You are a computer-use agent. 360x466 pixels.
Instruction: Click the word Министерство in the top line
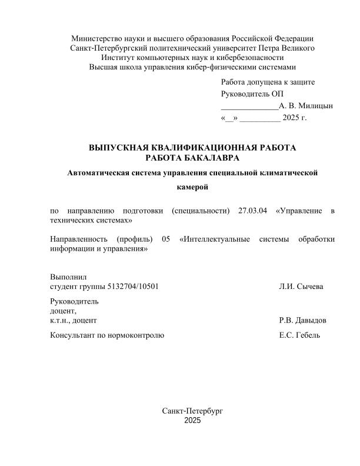tap(95, 38)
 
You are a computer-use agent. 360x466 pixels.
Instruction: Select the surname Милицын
tap(315, 106)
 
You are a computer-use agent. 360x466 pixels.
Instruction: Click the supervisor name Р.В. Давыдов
tap(303, 321)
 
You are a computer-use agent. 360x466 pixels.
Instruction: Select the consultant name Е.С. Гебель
tap(300, 335)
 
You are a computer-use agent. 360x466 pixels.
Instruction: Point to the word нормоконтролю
tap(136, 335)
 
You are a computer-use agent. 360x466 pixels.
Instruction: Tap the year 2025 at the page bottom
tap(192, 421)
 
